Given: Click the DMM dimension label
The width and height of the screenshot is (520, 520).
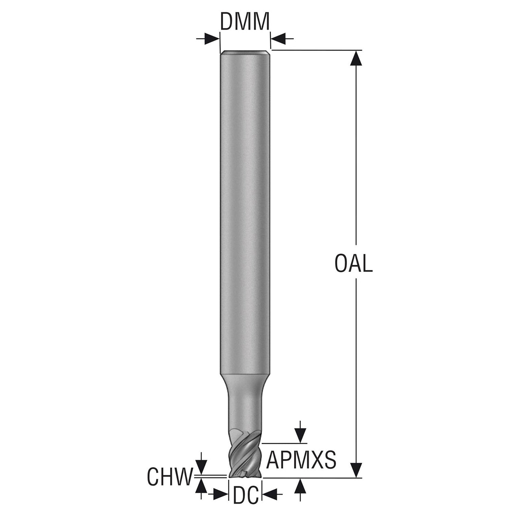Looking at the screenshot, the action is tap(245, 21).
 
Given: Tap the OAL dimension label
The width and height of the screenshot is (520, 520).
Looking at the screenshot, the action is tap(353, 263).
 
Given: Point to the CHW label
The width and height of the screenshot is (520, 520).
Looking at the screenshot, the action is tap(170, 477).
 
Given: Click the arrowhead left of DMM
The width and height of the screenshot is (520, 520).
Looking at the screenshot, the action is tap(212, 39).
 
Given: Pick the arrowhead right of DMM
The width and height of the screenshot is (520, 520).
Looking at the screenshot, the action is tap(278, 39).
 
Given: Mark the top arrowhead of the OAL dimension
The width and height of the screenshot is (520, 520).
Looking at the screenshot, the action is tap(356, 58).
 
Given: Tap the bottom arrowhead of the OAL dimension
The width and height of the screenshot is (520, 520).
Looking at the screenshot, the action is tap(356, 470).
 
